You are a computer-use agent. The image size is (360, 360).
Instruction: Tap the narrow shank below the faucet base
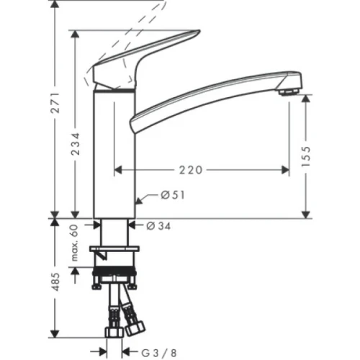pyautogui.click(x=114, y=232)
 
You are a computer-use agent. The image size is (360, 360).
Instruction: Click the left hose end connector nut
pyautogui.click(x=114, y=332)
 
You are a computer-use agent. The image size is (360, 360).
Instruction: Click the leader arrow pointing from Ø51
pyautogui.click(x=144, y=195)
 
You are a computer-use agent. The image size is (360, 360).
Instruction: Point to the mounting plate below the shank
pyautogui.click(x=114, y=250)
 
